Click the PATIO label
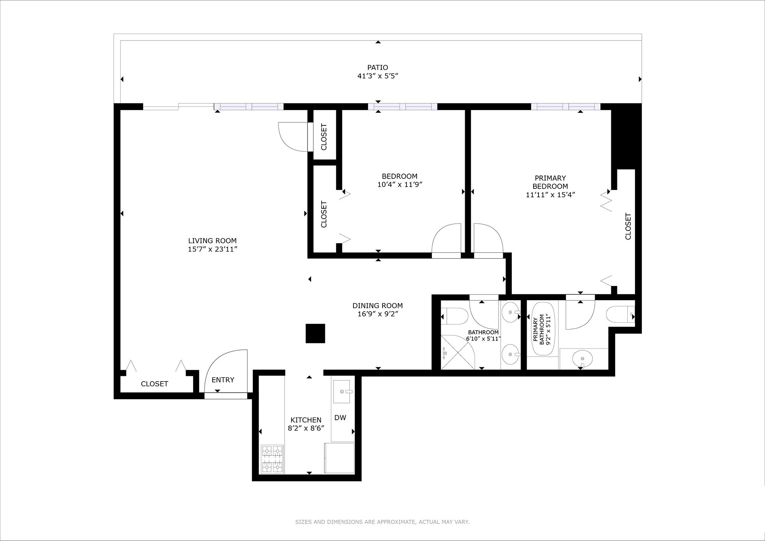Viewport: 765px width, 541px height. point(378,68)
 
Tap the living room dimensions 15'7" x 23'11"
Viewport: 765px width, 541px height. point(213,249)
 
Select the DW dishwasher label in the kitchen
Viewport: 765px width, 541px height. point(340,418)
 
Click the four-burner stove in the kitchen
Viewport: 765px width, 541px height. point(272,459)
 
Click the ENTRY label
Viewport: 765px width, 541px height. point(223,380)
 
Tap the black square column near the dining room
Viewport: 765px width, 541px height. point(315,333)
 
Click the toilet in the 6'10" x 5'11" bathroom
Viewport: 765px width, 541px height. point(455,317)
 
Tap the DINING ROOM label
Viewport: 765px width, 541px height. point(378,305)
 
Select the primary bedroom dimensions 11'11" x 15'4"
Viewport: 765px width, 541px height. point(550,195)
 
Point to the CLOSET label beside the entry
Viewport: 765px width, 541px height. point(155,384)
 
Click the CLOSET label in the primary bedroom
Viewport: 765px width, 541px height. point(628,226)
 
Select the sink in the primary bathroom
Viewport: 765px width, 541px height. point(582,359)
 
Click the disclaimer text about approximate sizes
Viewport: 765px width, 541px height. point(382,522)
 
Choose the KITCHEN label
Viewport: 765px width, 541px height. point(306,420)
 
